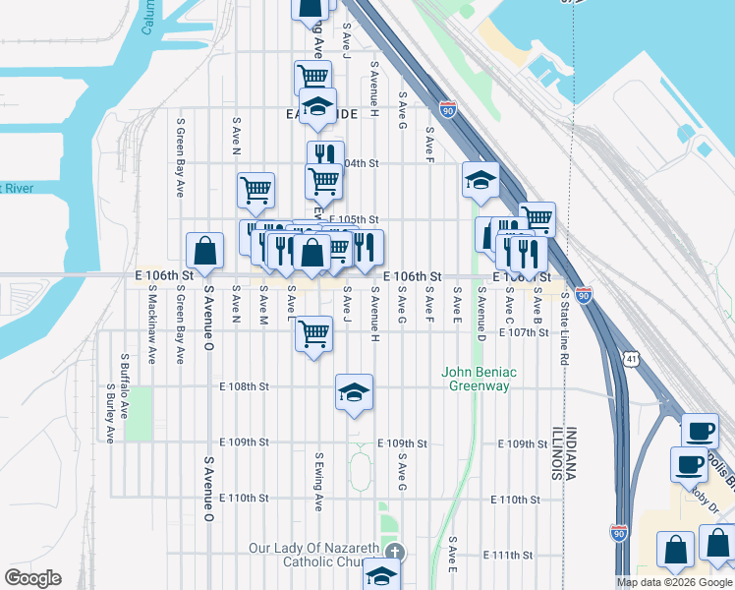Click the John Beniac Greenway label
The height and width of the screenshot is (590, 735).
pos(480,379)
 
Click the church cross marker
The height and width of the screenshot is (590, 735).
pos(395,552)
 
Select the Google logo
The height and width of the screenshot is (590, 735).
pos(32,578)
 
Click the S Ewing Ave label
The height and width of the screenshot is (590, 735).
pos(318,482)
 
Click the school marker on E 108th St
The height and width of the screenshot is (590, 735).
pos(354,392)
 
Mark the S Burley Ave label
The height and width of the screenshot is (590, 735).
pos(109,414)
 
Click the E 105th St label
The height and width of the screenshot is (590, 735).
pos(354,219)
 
